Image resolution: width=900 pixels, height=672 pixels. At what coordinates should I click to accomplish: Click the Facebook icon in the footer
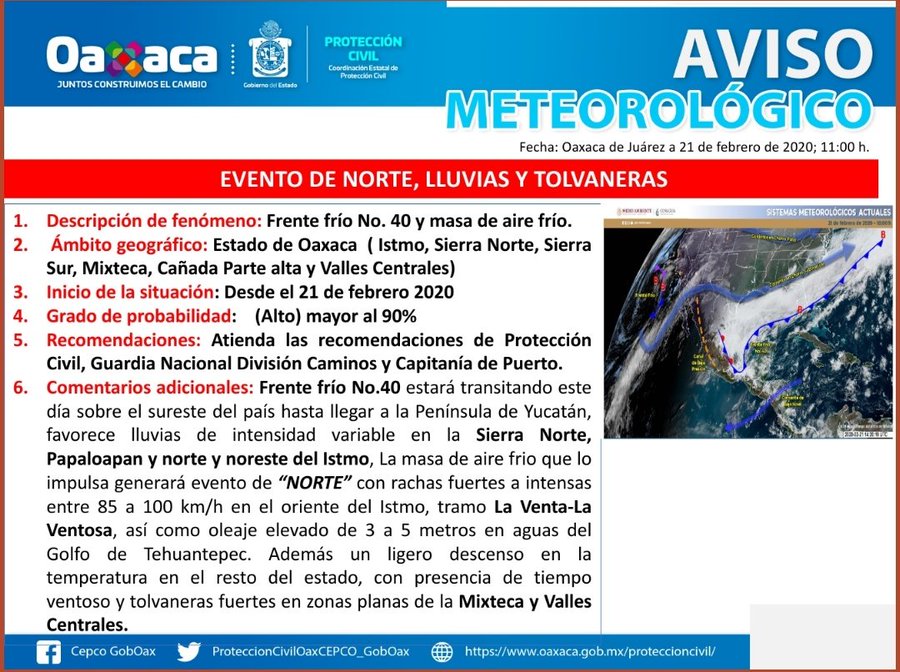point(47,652)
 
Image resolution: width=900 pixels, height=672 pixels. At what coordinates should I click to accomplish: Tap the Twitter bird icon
point(189,652)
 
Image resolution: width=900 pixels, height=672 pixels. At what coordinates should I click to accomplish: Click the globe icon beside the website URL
point(441,652)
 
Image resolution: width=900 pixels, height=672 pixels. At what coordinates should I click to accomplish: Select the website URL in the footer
point(590,652)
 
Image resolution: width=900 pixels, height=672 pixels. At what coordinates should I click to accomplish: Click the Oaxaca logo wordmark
point(131,55)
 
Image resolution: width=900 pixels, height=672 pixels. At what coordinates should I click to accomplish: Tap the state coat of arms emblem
point(269,54)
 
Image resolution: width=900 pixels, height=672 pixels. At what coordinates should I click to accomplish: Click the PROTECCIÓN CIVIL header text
point(363,49)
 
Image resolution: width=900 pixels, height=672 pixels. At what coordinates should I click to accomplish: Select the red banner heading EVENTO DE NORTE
point(443,180)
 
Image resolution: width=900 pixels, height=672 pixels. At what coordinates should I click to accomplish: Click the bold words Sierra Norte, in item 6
point(533,435)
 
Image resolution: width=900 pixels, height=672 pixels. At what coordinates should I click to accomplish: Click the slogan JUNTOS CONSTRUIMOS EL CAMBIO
point(131,85)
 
